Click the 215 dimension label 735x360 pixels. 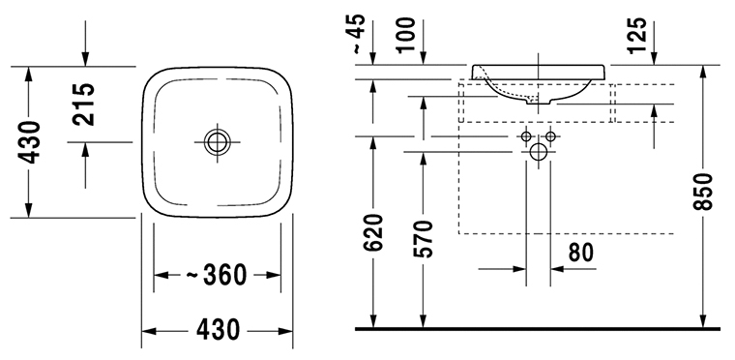tap(84, 105)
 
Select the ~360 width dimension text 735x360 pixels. tap(217, 275)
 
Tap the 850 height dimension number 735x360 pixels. tap(702, 192)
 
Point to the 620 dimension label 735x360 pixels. tap(373, 233)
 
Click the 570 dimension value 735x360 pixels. tap(423, 239)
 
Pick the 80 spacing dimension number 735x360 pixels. tap(581, 253)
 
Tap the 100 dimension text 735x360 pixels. tap(405, 35)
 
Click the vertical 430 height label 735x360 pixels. tap(30, 142)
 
